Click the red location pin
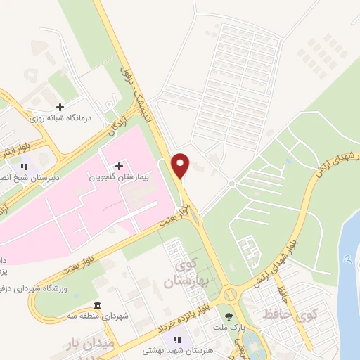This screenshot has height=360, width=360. (x=181, y=165)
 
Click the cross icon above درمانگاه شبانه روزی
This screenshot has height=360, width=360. (x=60, y=107)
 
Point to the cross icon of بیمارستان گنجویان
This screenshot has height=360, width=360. (x=119, y=166)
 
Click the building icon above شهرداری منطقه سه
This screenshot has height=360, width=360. (x=96, y=305)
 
